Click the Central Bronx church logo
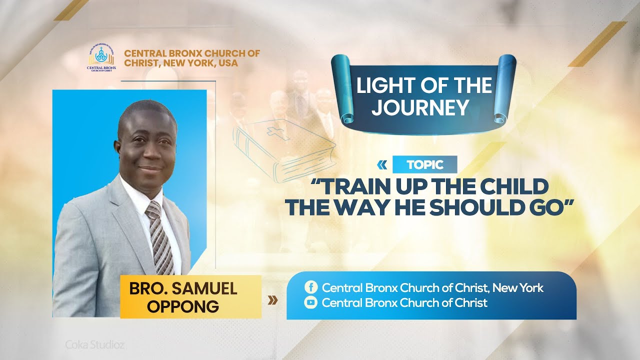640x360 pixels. tap(101, 57)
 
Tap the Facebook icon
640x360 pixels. tap(310, 287)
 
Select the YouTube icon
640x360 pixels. tap(310, 302)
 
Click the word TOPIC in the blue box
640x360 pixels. tap(424, 165)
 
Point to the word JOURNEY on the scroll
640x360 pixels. tap(419, 107)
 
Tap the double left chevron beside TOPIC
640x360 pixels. tap(382, 164)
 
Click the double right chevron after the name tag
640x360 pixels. tap(273, 300)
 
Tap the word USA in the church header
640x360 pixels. tap(228, 63)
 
